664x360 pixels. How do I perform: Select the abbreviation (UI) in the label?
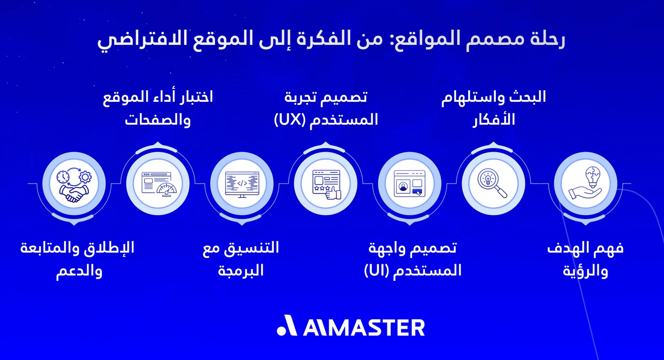pos(376,271)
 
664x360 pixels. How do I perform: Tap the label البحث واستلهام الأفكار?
pos(494,108)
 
